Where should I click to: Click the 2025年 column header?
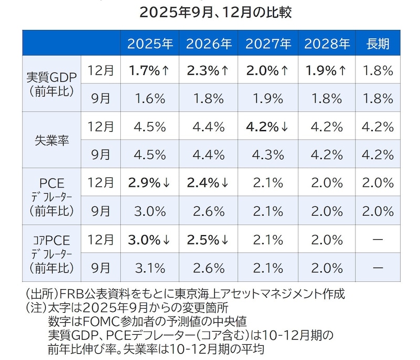click(150, 44)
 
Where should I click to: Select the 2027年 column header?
click(268, 44)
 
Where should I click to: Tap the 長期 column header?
click(378, 44)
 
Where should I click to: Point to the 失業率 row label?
click(51, 141)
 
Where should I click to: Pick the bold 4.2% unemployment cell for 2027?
click(268, 127)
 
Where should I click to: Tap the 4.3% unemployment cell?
click(268, 155)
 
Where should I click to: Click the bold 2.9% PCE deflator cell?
click(150, 183)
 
